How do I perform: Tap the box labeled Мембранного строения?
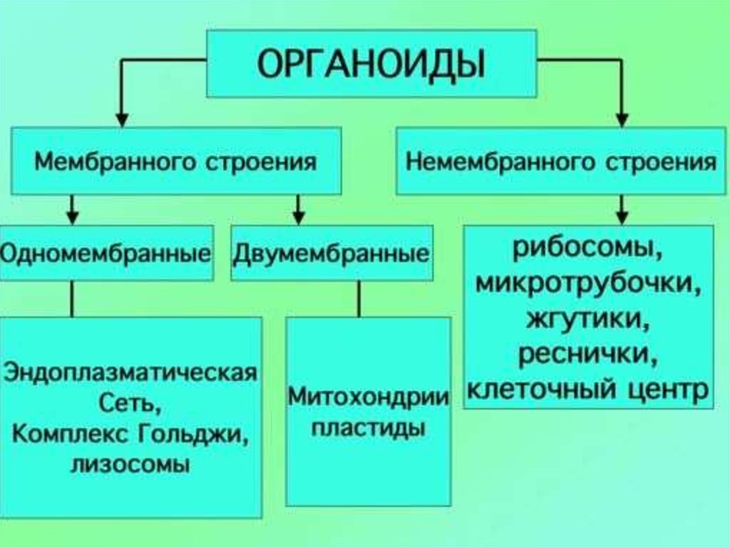coord(175,161)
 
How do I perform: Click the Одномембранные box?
coord(107,252)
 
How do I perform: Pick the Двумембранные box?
coord(331,253)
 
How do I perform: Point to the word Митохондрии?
coord(368,397)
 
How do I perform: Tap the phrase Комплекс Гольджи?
coord(130,434)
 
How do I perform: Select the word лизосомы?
coord(130,465)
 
